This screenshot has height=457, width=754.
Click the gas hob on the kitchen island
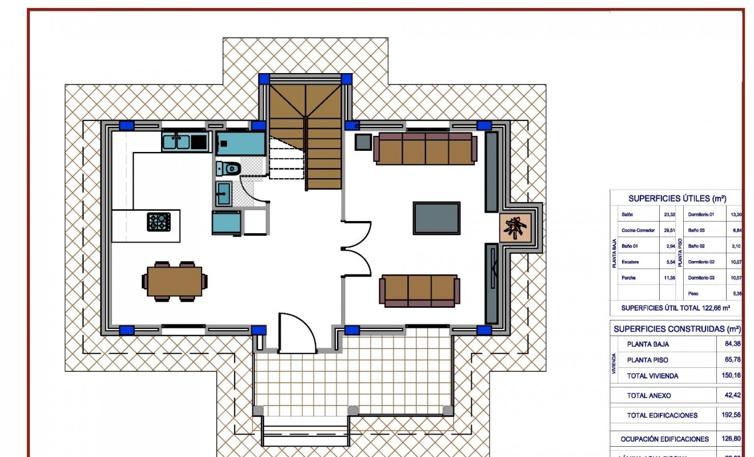pos(159,221)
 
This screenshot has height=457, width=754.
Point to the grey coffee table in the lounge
pos(436,218)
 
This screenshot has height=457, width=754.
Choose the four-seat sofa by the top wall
pos(426,149)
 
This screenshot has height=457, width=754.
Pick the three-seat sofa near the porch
pos(419,290)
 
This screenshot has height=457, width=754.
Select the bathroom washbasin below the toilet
pos(223,193)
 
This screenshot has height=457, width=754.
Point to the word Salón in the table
pos(627,215)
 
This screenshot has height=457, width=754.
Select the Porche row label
pos(628,278)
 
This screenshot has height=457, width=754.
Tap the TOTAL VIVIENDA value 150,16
pos(729,376)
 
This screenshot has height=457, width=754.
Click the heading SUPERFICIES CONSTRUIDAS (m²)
pos(677,329)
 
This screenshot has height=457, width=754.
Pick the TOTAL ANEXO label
pos(648,395)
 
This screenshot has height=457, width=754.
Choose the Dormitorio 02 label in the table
pos(701,262)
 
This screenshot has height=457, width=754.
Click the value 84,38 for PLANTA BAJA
pos(729,344)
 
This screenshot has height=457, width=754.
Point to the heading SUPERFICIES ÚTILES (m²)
pos(677,199)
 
